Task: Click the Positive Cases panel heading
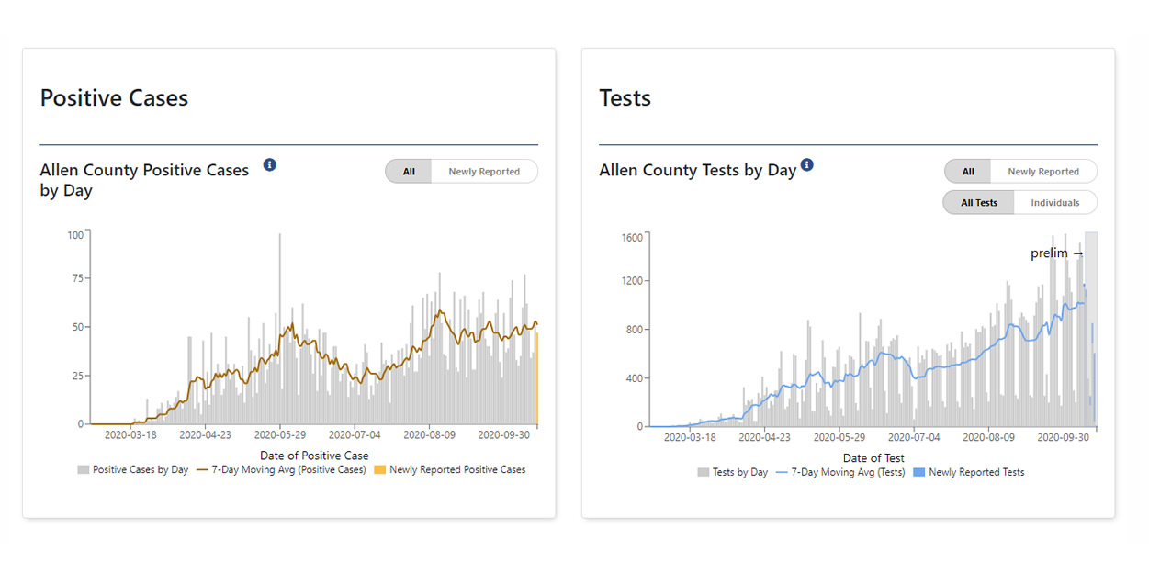[114, 98]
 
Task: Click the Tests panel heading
[625, 98]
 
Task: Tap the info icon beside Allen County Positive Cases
[269, 165]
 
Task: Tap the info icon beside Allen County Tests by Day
[806, 165]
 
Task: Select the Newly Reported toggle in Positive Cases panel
[484, 172]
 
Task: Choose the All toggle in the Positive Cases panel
[409, 172]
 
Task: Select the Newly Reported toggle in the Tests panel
[1042, 172]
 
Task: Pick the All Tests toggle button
[979, 203]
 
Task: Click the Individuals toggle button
[1054, 203]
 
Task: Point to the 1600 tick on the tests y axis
[633, 237]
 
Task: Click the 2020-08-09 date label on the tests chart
[988, 438]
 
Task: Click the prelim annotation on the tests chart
[1056, 253]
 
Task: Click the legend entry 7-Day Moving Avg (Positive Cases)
[287, 470]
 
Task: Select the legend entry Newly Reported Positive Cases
[456, 470]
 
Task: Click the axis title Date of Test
[873, 458]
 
